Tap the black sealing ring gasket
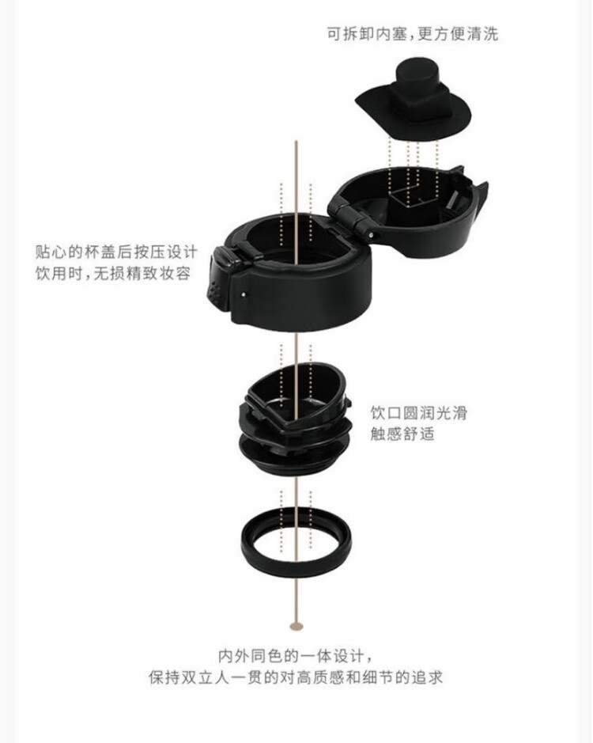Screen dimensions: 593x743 point(296,562)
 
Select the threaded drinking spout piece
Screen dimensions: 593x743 point(296,417)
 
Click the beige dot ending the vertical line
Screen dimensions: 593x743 point(296,626)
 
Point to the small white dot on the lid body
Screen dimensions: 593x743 point(244,294)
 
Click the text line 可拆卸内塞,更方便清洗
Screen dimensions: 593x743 point(413,34)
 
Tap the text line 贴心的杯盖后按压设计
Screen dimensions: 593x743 point(116,252)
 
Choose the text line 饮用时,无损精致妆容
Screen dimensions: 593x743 point(113,274)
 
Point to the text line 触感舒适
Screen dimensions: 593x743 point(402,434)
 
